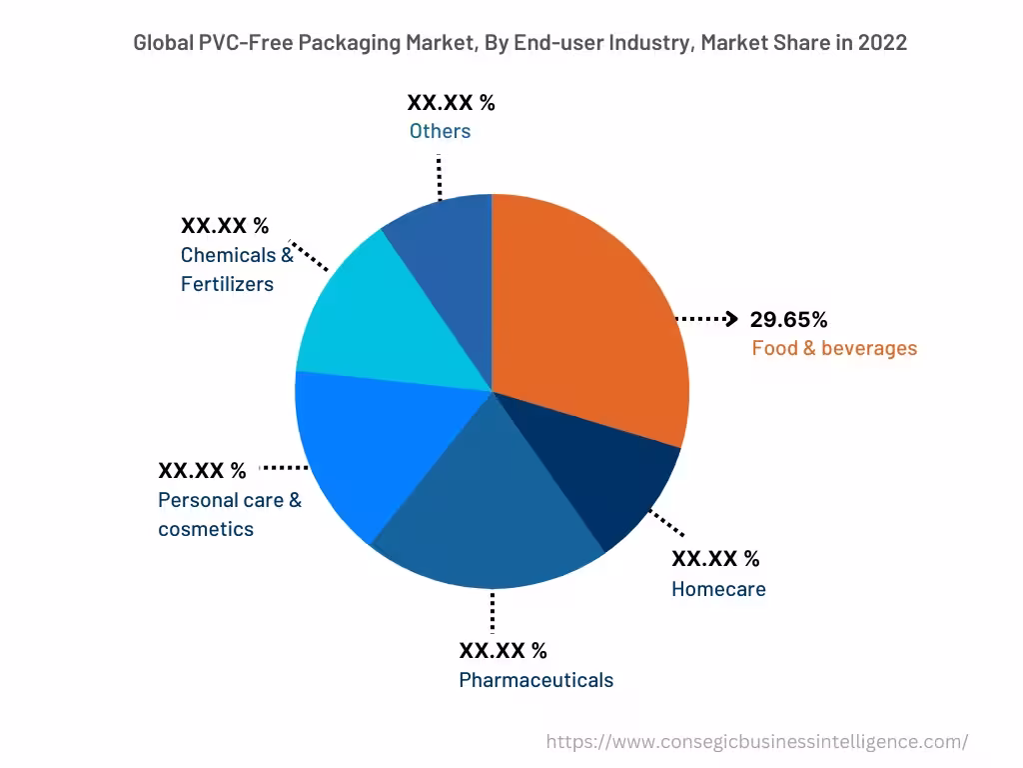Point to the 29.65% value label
(x=789, y=320)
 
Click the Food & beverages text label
(x=834, y=349)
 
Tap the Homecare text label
(x=718, y=589)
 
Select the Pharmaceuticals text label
(x=535, y=680)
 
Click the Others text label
(x=440, y=131)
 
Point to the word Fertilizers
(x=227, y=284)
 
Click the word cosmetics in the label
(x=206, y=529)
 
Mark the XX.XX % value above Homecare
(x=715, y=558)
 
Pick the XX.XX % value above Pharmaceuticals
(x=503, y=651)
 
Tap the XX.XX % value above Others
(x=451, y=102)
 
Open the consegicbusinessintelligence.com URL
(x=757, y=742)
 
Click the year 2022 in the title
(x=881, y=43)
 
